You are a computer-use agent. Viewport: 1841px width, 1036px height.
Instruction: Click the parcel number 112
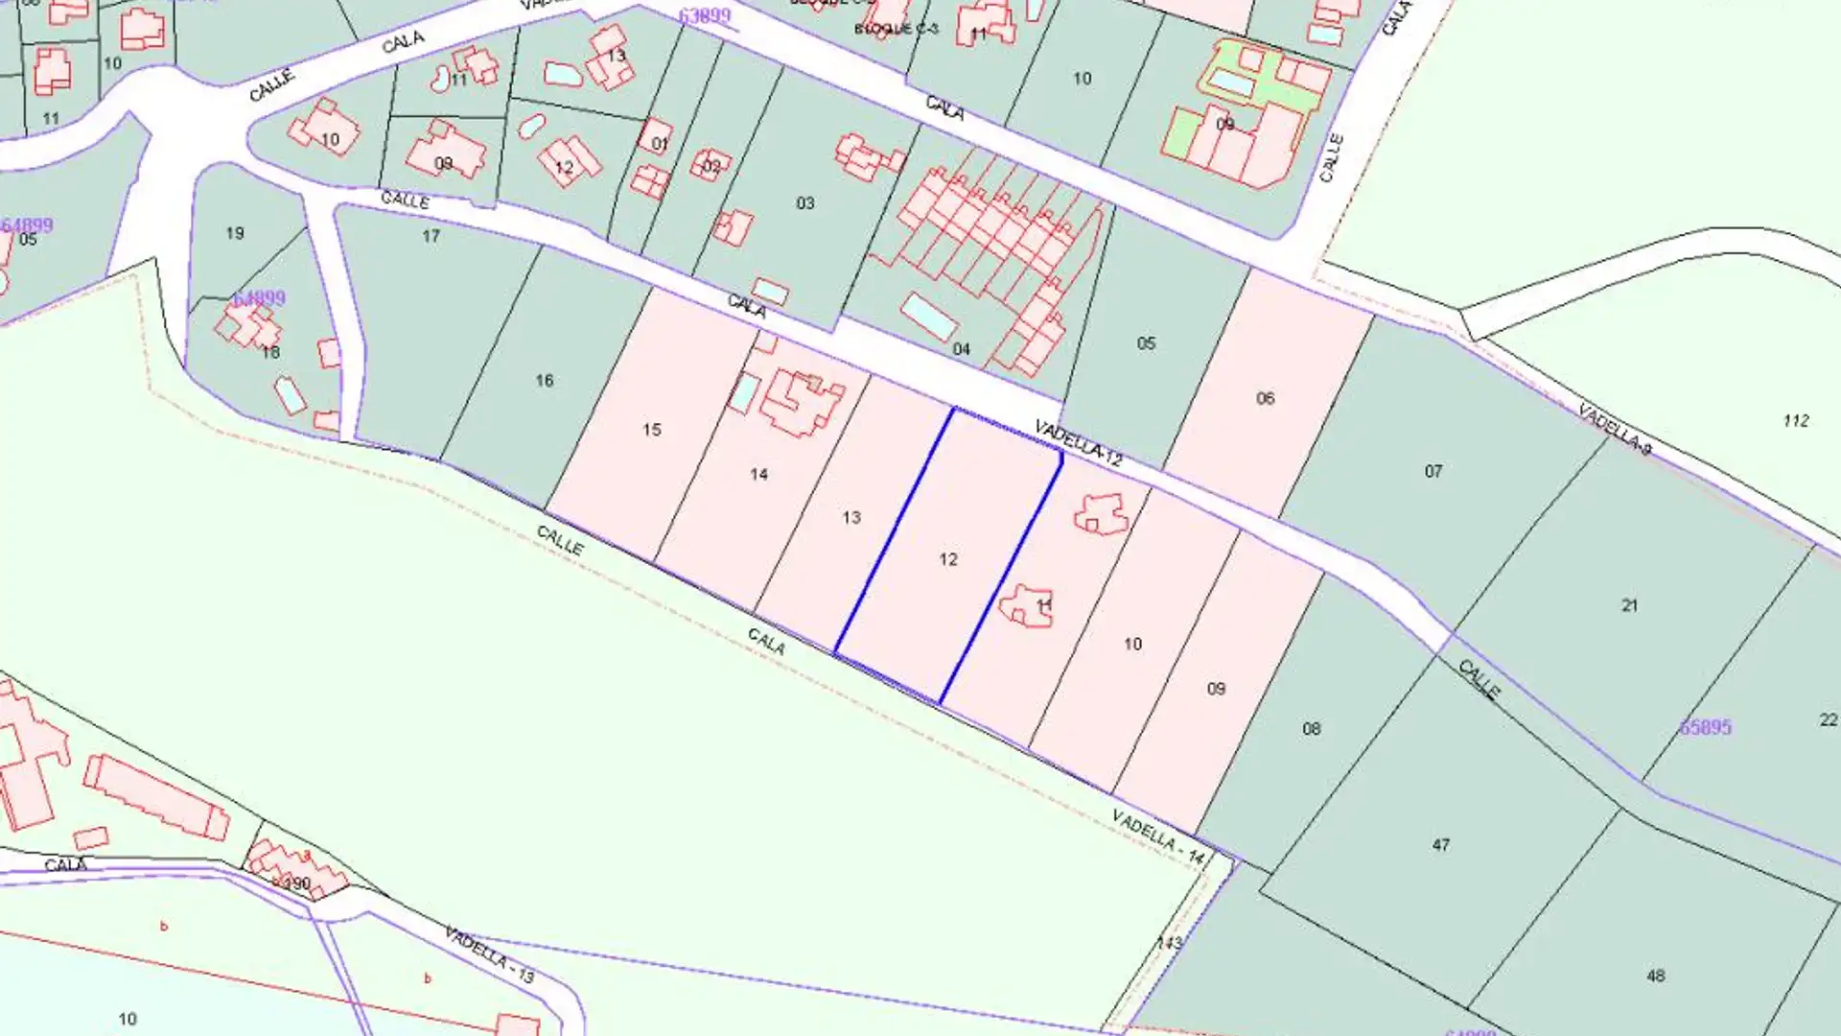click(x=1796, y=420)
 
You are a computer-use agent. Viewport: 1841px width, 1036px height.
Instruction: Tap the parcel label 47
click(x=1441, y=845)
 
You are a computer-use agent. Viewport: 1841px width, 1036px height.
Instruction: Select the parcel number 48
click(x=1656, y=976)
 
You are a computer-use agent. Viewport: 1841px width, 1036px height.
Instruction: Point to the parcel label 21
click(x=1630, y=605)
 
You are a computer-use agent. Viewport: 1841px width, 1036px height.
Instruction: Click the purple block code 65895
click(x=1705, y=727)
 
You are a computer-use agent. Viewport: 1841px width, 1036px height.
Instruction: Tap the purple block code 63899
click(x=704, y=15)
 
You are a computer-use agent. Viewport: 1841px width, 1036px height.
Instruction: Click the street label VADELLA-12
click(x=1078, y=443)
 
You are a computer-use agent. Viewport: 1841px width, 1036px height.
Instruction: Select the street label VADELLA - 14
click(x=1157, y=836)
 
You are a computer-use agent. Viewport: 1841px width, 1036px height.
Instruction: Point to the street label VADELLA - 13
click(x=489, y=954)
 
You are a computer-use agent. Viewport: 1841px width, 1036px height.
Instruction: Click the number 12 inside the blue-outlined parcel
click(x=948, y=559)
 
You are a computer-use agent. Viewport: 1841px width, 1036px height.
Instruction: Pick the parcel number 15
click(x=652, y=430)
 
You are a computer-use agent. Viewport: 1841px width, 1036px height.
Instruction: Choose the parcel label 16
click(x=545, y=381)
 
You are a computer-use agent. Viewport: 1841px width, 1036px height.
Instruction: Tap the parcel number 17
click(x=431, y=236)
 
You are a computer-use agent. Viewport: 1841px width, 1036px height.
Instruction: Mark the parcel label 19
click(x=235, y=233)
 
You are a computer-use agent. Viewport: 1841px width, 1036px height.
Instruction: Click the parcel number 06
click(x=1266, y=398)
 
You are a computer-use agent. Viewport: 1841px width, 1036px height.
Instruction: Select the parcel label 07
click(x=1433, y=471)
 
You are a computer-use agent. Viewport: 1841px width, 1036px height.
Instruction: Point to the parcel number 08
click(x=1312, y=729)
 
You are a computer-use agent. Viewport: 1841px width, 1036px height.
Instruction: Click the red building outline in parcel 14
click(x=802, y=403)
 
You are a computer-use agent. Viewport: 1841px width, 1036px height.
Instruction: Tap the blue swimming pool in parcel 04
click(x=927, y=317)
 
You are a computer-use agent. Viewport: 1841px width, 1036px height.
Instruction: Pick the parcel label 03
click(x=805, y=203)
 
